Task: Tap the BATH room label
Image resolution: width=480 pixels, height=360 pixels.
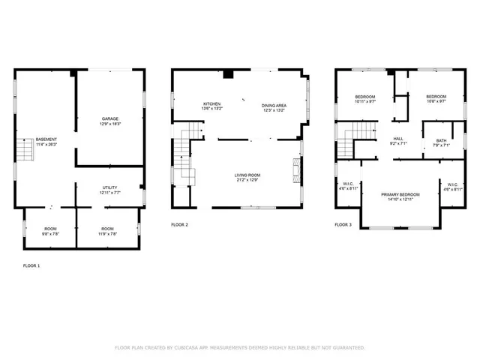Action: [x=436, y=142]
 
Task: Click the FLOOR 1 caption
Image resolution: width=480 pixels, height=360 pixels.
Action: [x=31, y=266]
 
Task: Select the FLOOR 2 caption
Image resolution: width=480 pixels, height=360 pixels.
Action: [x=179, y=225]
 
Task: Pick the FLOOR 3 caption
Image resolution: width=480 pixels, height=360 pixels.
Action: [x=343, y=225]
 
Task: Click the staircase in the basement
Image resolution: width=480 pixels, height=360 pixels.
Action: [x=25, y=151]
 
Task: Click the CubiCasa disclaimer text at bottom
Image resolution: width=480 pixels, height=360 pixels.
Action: [x=239, y=348]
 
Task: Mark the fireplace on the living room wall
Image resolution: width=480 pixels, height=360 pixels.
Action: [x=297, y=166]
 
